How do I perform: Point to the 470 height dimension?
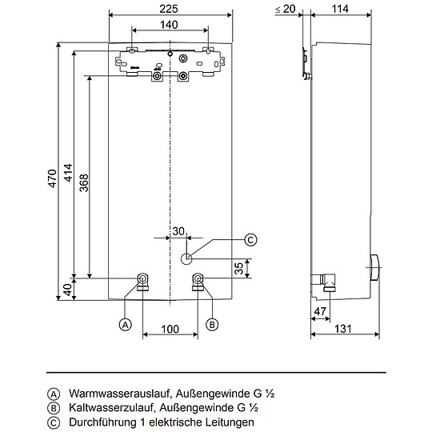51,178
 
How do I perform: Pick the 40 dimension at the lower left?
68,290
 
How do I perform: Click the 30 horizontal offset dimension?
178,231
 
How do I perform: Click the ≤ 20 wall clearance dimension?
283,9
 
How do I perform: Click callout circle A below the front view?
125,324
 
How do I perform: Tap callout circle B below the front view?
212,324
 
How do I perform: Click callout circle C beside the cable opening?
250,238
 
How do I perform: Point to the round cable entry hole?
187,258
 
